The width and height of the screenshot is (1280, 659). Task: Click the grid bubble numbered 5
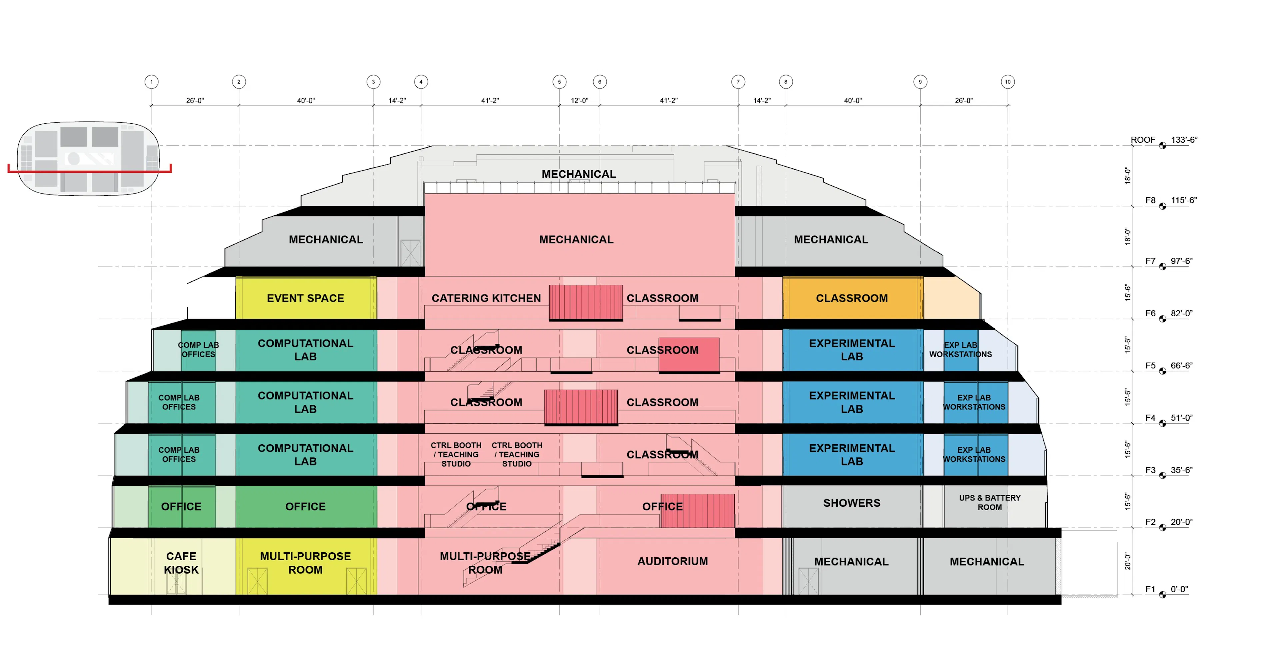(x=559, y=82)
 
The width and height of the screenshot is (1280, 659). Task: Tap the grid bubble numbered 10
(x=1007, y=82)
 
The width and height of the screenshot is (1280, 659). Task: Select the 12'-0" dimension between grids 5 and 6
(x=579, y=100)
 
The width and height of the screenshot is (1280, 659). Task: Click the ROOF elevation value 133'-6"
(x=1184, y=140)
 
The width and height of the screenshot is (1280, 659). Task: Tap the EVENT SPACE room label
(x=305, y=298)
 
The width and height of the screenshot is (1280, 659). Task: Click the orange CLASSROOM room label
(x=851, y=298)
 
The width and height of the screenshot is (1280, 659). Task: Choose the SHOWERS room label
(x=851, y=503)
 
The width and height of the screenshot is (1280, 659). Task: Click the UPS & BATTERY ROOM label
(x=989, y=502)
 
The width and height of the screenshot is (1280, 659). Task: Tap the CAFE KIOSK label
(x=181, y=563)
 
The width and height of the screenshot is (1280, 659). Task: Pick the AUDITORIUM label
(x=672, y=561)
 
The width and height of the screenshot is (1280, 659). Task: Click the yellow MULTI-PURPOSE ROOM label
(x=305, y=563)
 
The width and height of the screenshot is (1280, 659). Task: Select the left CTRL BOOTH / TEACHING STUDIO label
(x=456, y=454)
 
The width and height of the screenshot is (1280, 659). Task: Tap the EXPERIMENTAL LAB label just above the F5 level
(x=851, y=350)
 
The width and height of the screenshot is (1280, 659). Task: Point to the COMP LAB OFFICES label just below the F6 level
(x=198, y=350)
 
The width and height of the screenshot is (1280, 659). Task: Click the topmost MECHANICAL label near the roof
(x=578, y=174)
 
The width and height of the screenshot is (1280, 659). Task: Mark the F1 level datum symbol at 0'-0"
(x=1162, y=594)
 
